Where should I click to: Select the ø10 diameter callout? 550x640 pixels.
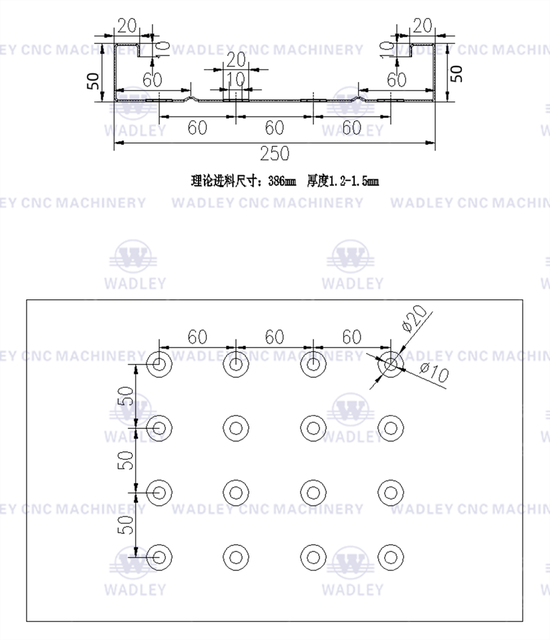click(x=434, y=373)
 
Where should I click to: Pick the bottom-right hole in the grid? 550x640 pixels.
click(x=391, y=556)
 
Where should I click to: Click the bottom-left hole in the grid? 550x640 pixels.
click(x=159, y=556)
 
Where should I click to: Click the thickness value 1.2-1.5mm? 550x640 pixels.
click(x=353, y=181)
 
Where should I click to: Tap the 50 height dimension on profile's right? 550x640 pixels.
click(x=456, y=73)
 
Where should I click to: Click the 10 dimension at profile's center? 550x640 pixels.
click(x=235, y=79)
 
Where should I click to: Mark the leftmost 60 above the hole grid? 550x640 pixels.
click(x=197, y=337)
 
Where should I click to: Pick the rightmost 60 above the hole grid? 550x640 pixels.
click(x=352, y=337)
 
